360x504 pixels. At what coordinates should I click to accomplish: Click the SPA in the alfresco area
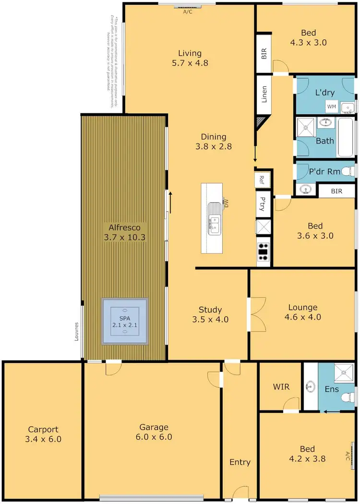click(x=125, y=321)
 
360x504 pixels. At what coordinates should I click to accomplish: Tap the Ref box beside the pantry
click(x=262, y=180)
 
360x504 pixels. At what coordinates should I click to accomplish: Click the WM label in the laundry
click(x=331, y=106)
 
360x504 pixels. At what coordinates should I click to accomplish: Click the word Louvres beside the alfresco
click(x=76, y=331)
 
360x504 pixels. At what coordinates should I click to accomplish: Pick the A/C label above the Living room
click(x=188, y=12)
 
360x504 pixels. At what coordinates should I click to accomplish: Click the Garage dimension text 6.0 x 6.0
click(x=154, y=437)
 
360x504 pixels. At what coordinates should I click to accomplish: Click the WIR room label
click(x=281, y=387)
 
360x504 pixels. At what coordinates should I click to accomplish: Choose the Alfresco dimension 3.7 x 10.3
click(x=124, y=237)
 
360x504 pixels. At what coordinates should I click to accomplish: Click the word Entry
click(x=240, y=462)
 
